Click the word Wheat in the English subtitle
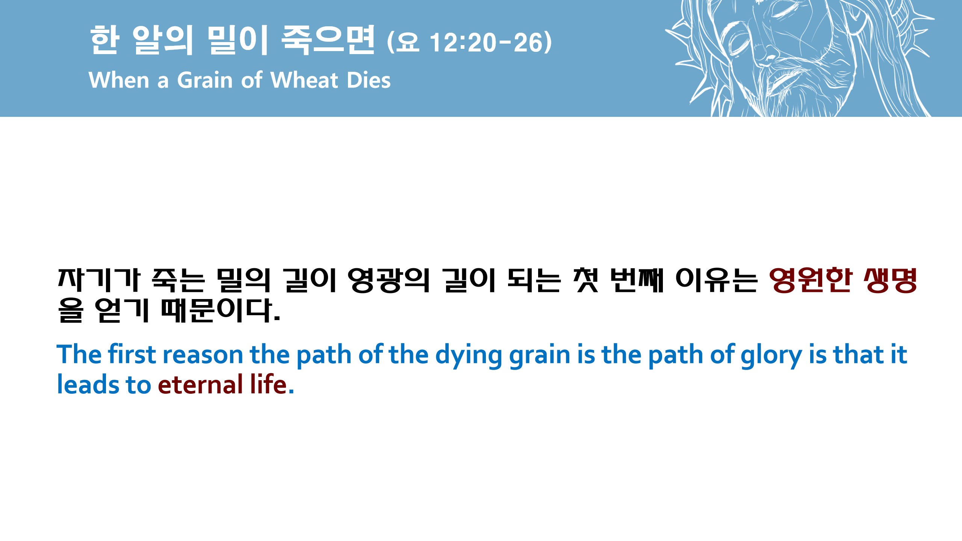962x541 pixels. (x=304, y=80)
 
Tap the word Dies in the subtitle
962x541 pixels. (x=369, y=80)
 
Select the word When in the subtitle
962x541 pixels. (x=119, y=80)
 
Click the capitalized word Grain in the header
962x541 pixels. (x=205, y=80)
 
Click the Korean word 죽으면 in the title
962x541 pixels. (x=328, y=40)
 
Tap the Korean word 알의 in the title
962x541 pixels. (x=163, y=40)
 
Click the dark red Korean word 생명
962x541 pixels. (x=890, y=280)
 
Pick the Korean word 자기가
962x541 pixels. (x=99, y=280)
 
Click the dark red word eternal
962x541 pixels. (x=200, y=385)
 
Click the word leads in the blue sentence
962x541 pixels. (x=88, y=385)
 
